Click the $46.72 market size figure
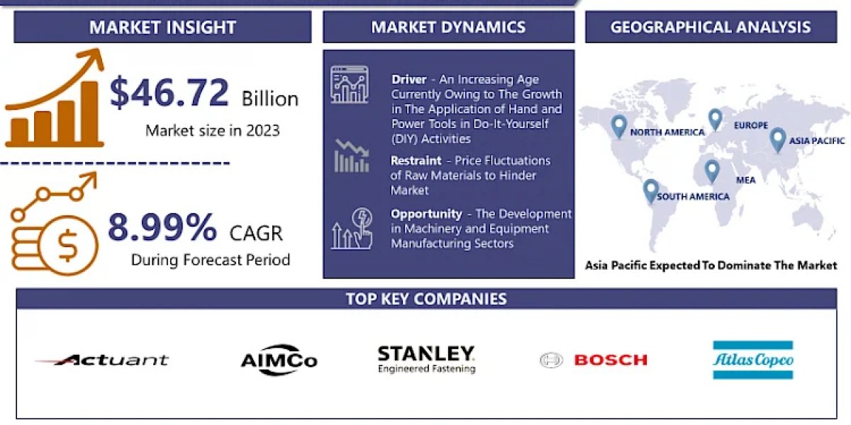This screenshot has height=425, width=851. [169, 92]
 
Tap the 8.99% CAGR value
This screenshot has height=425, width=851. [162, 227]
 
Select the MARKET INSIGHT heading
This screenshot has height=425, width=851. [162, 28]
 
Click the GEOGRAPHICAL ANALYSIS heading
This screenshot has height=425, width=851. [711, 28]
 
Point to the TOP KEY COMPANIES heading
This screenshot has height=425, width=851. [426, 299]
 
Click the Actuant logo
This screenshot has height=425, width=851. [102, 360]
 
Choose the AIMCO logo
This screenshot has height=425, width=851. [279, 360]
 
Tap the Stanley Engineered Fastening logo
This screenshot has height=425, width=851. [426, 359]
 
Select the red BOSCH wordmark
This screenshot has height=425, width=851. [611, 360]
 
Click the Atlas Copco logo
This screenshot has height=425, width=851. [753, 360]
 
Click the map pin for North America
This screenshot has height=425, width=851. [619, 126]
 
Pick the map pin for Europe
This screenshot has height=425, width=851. [716, 120]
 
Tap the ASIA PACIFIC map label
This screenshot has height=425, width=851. [817, 141]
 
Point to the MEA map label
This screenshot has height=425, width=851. [746, 180]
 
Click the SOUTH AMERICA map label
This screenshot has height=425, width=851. [693, 197]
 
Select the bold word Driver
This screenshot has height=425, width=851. [408, 79]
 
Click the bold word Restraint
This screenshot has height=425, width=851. [416, 161]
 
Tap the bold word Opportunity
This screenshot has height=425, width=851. [426, 214]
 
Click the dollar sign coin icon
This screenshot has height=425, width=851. [68, 245]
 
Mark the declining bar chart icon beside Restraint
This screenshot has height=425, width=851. [352, 156]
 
